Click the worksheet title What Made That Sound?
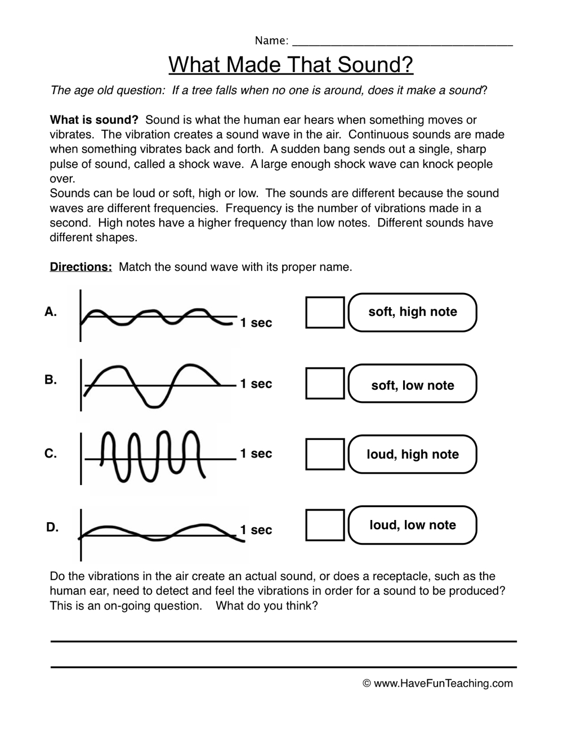291,65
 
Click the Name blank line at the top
403,43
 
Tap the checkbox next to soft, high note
325,312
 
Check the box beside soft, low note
325,383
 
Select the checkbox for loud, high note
325,454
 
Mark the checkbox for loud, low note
325,525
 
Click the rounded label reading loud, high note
413,454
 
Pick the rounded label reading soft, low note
413,385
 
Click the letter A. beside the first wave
51,312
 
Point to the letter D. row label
52,528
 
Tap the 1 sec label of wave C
256,454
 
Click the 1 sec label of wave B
256,384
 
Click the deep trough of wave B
153,402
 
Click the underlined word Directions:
81,267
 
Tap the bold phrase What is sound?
94,120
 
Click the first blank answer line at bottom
284,641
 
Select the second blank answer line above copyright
284,667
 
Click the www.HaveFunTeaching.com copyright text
438,683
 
